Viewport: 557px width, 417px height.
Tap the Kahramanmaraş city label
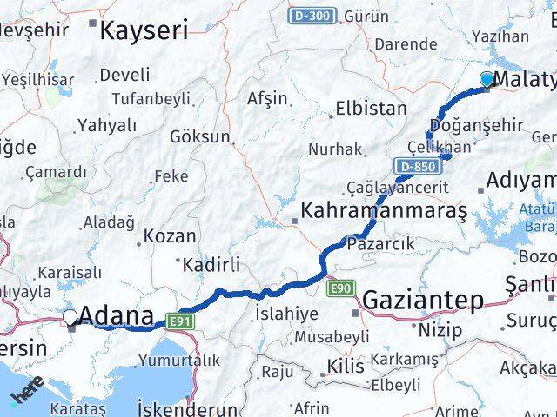tap(383, 211)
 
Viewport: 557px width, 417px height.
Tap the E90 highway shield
tap(340, 286)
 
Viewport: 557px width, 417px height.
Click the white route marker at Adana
tap(71, 316)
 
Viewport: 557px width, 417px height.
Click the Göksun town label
tap(200, 136)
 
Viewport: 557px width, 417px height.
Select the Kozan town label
tap(170, 235)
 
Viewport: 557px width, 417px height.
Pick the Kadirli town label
tap(207, 263)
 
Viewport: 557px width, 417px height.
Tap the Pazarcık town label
tap(380, 244)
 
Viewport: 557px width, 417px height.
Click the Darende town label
tap(406, 43)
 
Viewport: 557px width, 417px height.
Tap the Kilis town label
tap(346, 366)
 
